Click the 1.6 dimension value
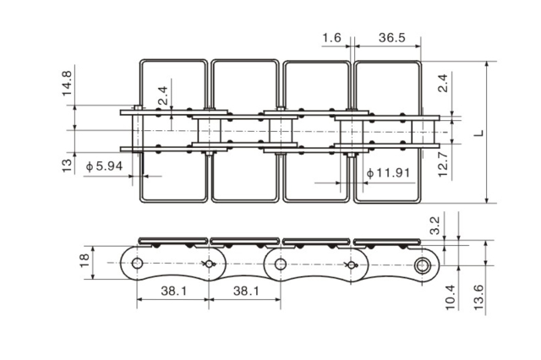click(331, 38)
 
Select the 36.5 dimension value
click(391, 38)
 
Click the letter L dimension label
click(478, 133)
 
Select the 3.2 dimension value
click(434, 225)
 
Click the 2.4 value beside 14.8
click(164, 98)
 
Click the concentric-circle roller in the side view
click(423, 265)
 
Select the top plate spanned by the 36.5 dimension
click(386, 131)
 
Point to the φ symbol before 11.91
click(369, 174)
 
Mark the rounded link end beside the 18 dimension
click(134, 265)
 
